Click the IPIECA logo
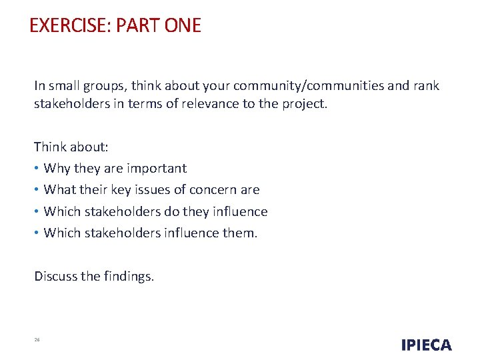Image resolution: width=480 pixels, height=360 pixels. coord(426,345)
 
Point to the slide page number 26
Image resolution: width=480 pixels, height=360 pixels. coord(37,340)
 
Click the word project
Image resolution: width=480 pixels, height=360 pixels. coord(304,105)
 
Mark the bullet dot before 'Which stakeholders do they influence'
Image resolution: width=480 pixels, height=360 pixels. coord(37,212)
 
